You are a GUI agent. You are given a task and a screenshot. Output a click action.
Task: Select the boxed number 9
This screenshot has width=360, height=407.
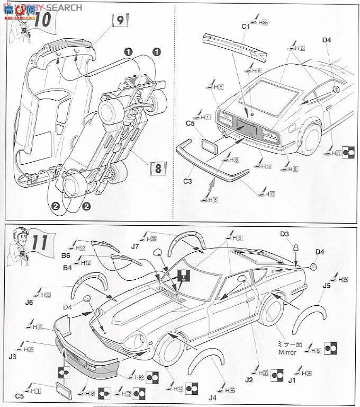tap(120, 21)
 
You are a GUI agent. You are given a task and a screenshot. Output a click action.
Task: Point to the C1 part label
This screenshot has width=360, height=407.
tap(245, 25)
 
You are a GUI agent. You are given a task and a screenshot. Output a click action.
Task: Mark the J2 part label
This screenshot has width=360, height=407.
tap(249, 379)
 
